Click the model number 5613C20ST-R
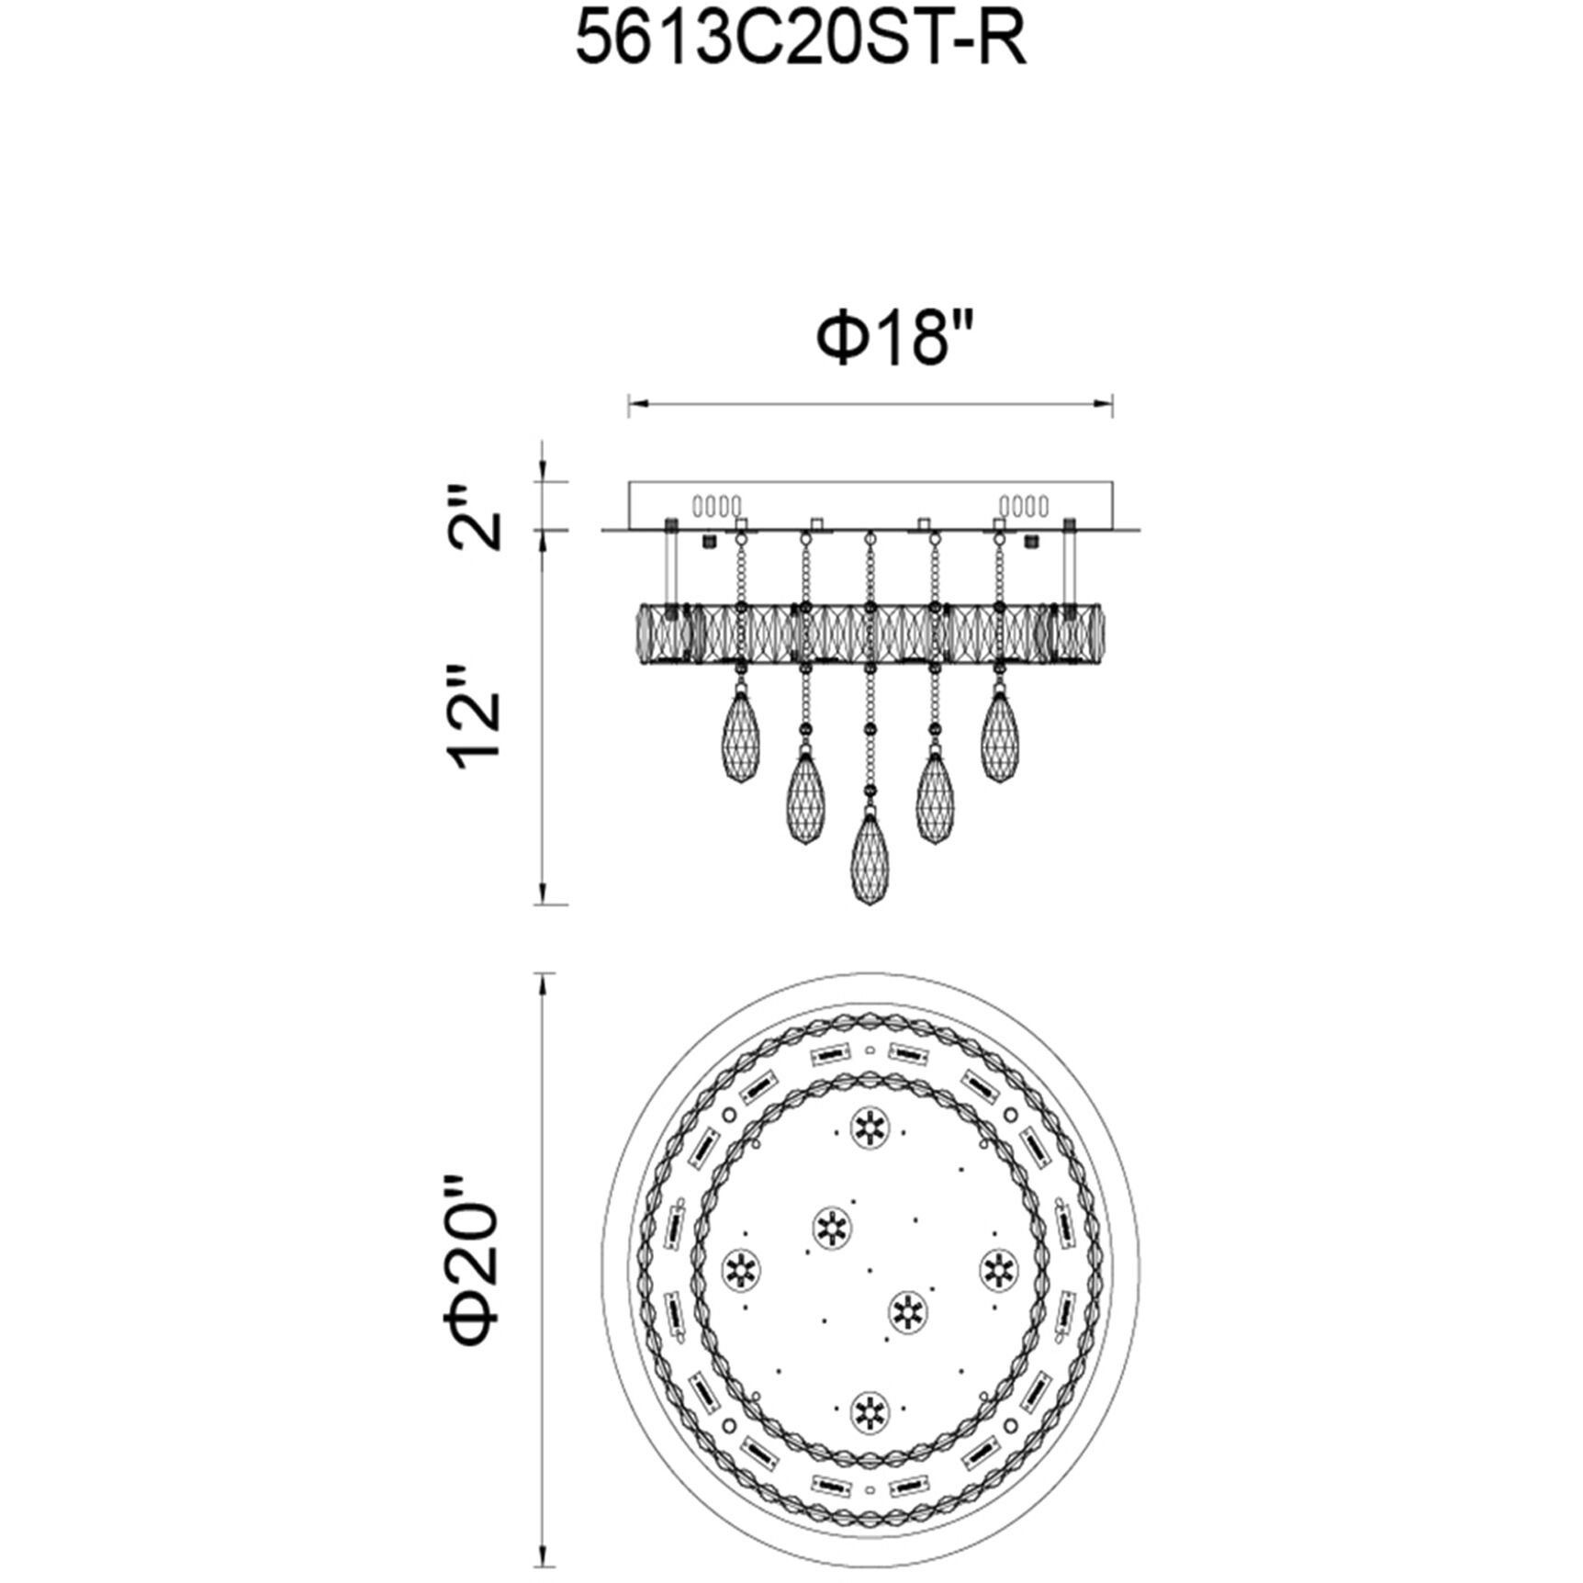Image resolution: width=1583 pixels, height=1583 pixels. coord(800,40)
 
